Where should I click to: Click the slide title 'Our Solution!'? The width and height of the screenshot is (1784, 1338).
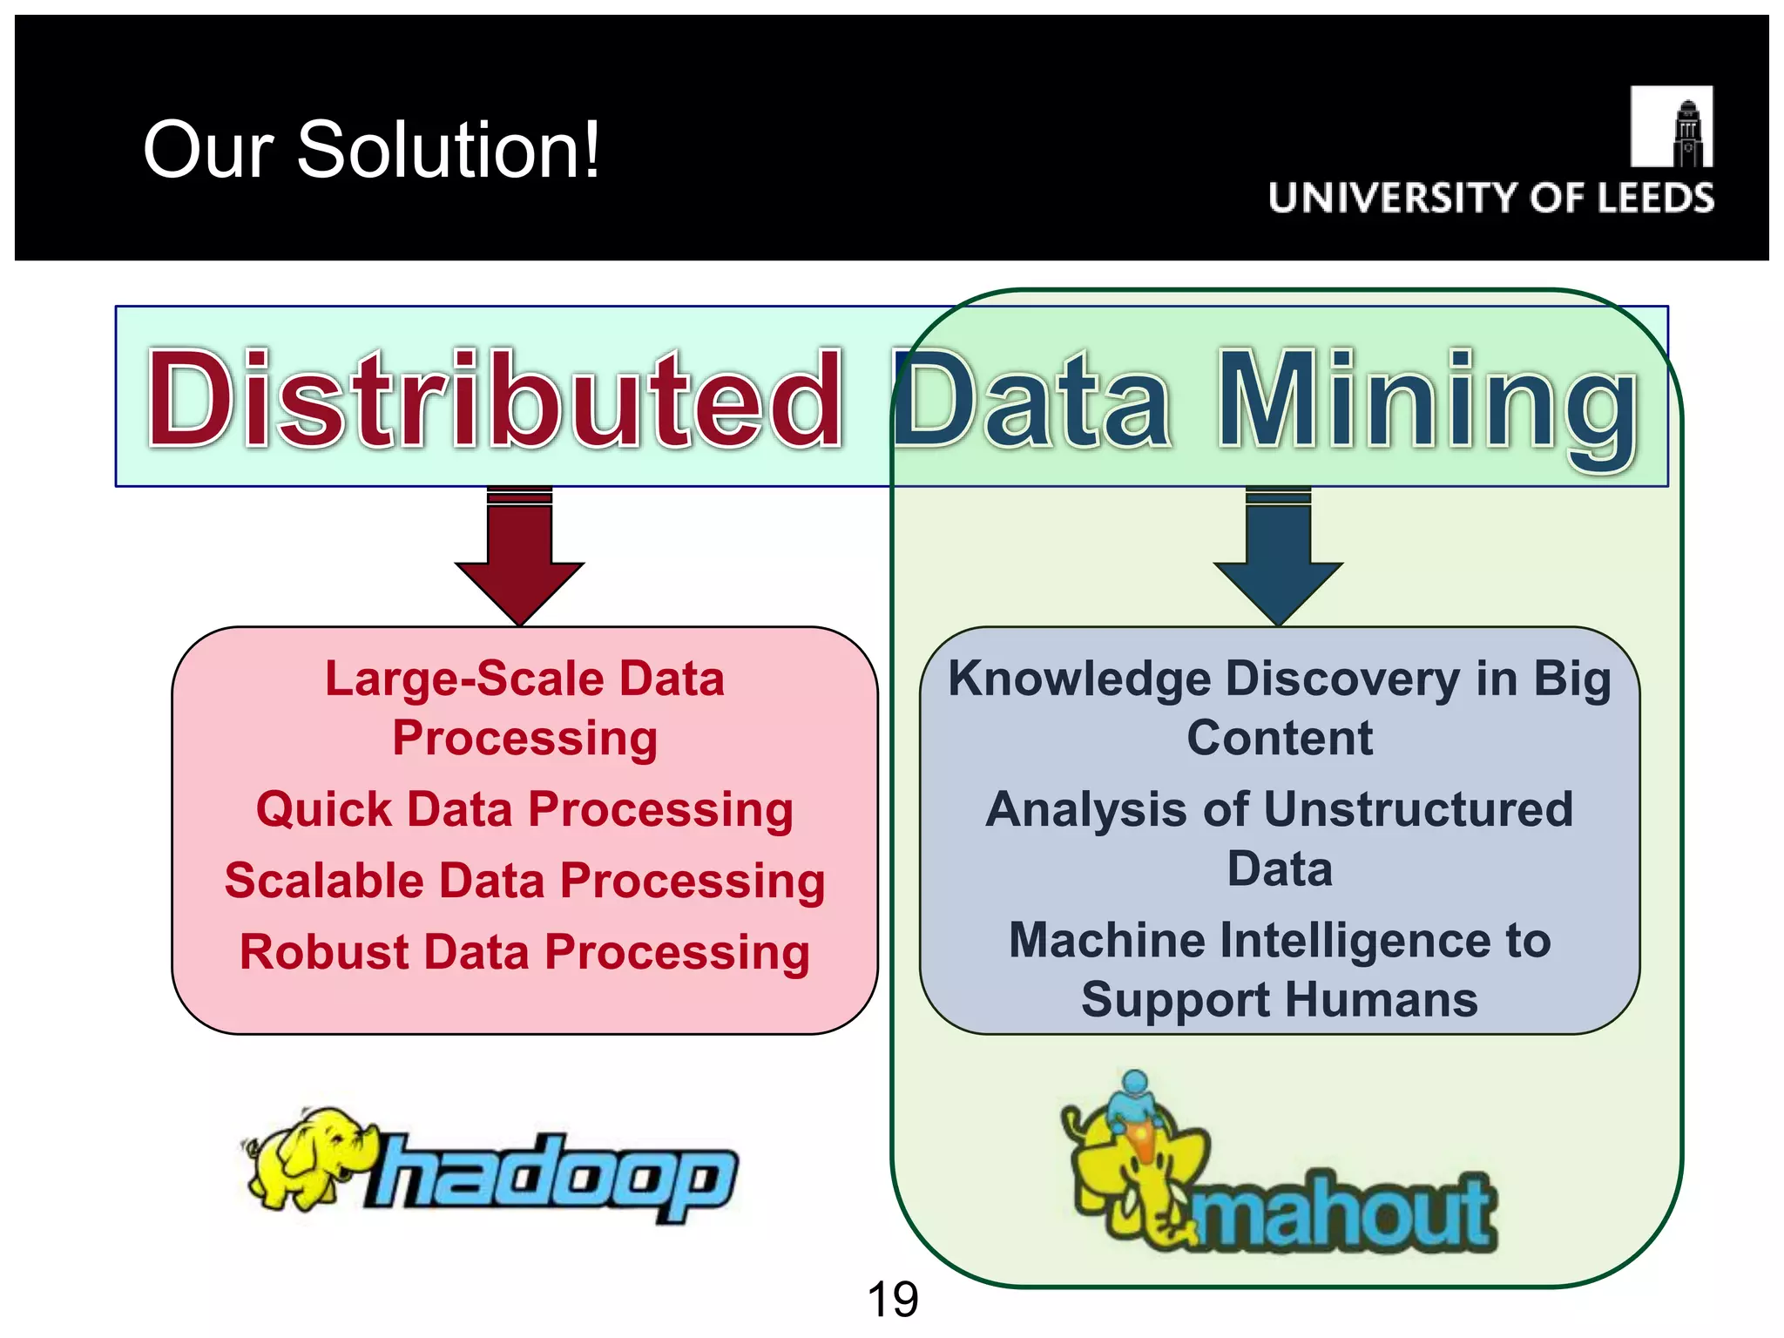coord(371,150)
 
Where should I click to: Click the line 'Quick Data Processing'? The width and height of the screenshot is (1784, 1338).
coord(524,809)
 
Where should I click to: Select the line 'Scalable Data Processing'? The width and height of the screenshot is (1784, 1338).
coord(524,881)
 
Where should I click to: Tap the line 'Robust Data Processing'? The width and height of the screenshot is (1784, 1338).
coord(524,951)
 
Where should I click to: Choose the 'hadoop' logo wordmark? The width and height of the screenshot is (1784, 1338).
coord(554,1176)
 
